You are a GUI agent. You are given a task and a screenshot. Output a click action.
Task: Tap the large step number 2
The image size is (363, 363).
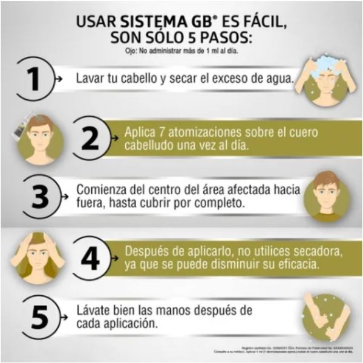91,139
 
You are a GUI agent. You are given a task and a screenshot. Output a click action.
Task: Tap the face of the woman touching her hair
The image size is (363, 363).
39,252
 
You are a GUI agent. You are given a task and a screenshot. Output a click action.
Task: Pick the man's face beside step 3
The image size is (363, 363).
327,195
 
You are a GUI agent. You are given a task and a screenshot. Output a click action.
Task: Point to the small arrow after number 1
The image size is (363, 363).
58,79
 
